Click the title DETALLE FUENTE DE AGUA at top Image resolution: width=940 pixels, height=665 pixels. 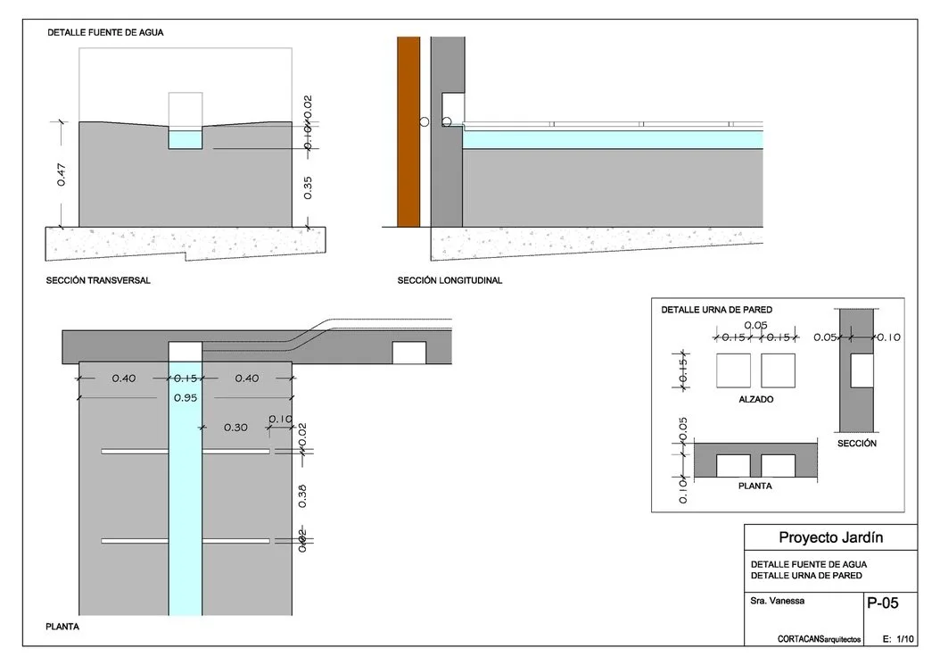click(104, 32)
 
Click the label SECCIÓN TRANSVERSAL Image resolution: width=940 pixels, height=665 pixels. click(98, 280)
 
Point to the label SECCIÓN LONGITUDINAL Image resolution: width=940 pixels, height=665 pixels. click(449, 280)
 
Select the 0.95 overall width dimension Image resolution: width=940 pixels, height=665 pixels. click(185, 398)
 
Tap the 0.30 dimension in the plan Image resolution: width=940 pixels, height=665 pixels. click(235, 428)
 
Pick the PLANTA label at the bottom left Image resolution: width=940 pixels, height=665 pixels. click(62, 627)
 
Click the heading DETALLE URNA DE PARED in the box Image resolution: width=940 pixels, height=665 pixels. click(716, 310)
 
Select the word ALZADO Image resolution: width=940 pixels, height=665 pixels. click(755, 400)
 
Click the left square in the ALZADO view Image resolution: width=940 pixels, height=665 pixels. click(733, 370)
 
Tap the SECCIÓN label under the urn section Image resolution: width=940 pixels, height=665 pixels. click(856, 444)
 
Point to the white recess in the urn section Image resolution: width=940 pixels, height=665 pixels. click(862, 370)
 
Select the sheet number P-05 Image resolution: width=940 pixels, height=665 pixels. click(882, 603)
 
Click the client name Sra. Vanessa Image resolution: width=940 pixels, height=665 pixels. click(778, 601)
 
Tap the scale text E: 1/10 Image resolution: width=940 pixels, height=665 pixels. click(899, 639)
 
